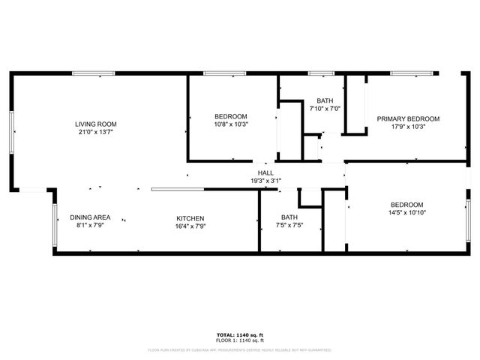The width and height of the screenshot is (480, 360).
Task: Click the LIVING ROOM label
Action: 96,124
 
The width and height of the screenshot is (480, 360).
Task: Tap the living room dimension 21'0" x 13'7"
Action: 96,132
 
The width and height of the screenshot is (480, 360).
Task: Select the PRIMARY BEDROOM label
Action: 408,118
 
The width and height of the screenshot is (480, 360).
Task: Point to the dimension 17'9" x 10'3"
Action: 408,127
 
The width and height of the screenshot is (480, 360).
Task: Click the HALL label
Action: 265,172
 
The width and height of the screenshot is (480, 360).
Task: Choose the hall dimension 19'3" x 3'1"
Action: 265,181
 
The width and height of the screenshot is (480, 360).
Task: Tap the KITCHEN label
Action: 190,217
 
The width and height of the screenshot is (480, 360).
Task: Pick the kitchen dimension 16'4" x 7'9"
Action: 190,226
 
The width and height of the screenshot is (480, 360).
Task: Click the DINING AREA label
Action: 91,217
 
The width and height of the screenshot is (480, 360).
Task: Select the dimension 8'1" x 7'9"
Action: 91,226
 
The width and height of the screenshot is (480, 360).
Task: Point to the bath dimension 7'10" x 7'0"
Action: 325,109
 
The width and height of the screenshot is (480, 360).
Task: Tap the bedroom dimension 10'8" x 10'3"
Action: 231,124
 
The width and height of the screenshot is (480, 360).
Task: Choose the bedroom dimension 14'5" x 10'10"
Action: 406,213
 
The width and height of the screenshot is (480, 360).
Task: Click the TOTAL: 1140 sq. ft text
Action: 240,334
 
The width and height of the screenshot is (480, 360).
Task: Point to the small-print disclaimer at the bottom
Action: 240,349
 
